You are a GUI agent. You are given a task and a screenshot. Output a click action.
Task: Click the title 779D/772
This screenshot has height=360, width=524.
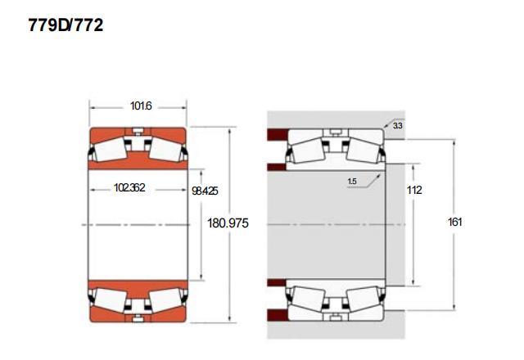click(65, 25)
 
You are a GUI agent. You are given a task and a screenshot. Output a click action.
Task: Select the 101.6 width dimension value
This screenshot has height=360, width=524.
click(141, 106)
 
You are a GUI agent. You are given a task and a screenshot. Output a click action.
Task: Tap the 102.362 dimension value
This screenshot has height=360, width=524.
click(129, 187)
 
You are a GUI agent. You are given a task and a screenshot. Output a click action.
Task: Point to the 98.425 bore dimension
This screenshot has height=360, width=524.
click(205, 191)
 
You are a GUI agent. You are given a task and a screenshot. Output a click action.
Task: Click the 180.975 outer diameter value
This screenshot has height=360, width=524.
click(228, 223)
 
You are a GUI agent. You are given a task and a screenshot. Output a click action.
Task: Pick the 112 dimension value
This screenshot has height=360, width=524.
click(414, 190)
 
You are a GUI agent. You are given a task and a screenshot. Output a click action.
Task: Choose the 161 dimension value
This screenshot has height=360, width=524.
click(454, 222)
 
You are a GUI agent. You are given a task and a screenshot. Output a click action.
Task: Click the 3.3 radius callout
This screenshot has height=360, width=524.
click(397, 125)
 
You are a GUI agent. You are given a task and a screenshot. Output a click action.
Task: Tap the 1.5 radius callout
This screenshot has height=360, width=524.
click(352, 182)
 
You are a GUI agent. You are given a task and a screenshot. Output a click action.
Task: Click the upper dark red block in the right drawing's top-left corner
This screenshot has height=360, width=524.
click(278, 134)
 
